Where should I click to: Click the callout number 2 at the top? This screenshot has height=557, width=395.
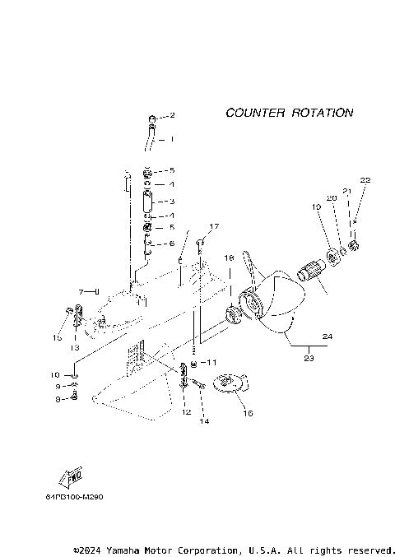point(172,115)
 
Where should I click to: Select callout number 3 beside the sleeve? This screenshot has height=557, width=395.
point(172,201)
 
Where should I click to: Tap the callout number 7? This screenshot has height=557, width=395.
point(82,291)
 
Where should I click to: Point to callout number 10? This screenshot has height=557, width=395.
point(56,374)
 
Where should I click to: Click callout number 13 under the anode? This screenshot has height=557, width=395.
point(74,349)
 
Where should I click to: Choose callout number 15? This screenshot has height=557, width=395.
point(57,337)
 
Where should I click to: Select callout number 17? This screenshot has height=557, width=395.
point(214,226)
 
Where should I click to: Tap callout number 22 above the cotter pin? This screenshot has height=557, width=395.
point(365,180)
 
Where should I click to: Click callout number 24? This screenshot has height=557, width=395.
point(328,337)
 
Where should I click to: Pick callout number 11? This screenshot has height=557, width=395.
point(210,362)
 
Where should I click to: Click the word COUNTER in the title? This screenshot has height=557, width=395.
point(254,113)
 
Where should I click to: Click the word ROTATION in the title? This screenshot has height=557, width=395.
point(323,113)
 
